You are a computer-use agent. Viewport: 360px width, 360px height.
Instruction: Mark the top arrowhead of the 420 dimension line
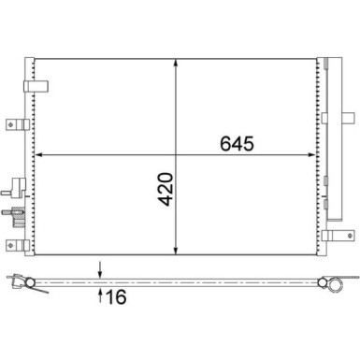coord(177,63)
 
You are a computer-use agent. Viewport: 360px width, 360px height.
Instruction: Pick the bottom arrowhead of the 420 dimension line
coord(177,250)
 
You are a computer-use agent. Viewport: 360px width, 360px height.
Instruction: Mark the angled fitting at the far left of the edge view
coord(14,281)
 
